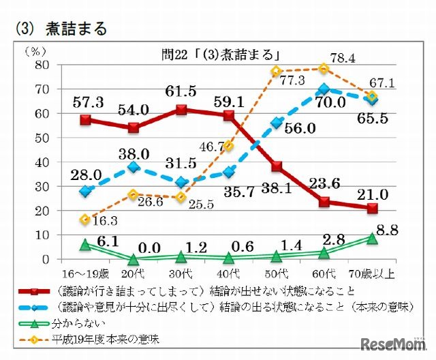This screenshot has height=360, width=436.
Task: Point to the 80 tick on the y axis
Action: (x=45, y=65)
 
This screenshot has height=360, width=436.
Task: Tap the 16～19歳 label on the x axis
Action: (x=86, y=273)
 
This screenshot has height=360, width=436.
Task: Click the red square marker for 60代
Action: (x=324, y=202)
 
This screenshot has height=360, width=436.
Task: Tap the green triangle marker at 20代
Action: (x=134, y=258)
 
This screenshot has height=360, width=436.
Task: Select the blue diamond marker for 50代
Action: (x=277, y=123)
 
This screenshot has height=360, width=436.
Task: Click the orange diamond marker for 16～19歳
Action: (x=85, y=220)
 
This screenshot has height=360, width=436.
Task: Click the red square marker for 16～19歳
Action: (x=85, y=120)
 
